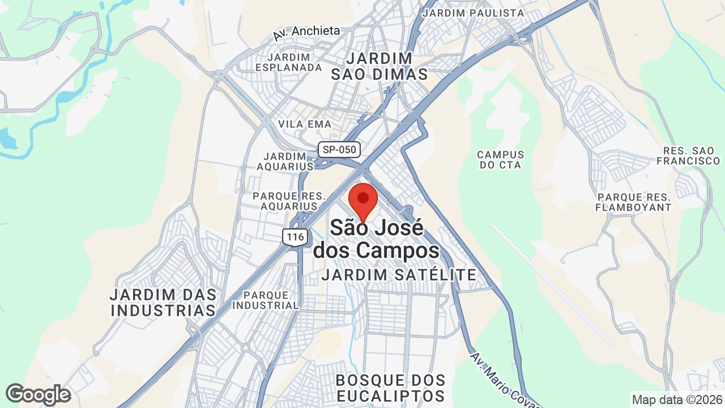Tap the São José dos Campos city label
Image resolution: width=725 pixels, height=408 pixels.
(x=377, y=239)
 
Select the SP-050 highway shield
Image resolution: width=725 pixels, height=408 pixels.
(x=339, y=150)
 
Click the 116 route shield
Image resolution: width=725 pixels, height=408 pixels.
(x=296, y=236)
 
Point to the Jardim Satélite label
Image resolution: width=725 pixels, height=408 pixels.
(x=399, y=275)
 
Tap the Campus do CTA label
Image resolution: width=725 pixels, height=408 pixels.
(x=500, y=160)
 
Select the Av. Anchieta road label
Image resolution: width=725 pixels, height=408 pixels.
(x=306, y=33)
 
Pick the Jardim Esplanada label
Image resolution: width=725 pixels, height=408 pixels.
(x=288, y=62)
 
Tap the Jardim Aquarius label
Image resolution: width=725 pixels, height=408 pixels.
(x=285, y=161)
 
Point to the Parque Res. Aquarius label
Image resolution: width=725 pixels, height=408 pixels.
(x=289, y=201)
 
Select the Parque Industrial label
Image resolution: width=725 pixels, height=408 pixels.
(x=265, y=300)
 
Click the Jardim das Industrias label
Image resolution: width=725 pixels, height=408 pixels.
(x=163, y=303)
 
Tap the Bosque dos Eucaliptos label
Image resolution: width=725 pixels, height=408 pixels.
(x=390, y=388)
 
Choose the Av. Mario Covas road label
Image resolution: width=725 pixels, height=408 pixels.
(x=504, y=380)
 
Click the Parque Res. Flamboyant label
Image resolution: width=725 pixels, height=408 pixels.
(x=633, y=202)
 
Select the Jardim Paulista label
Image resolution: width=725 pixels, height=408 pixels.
(x=474, y=12)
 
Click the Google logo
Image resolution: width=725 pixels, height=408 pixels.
(x=38, y=394)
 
